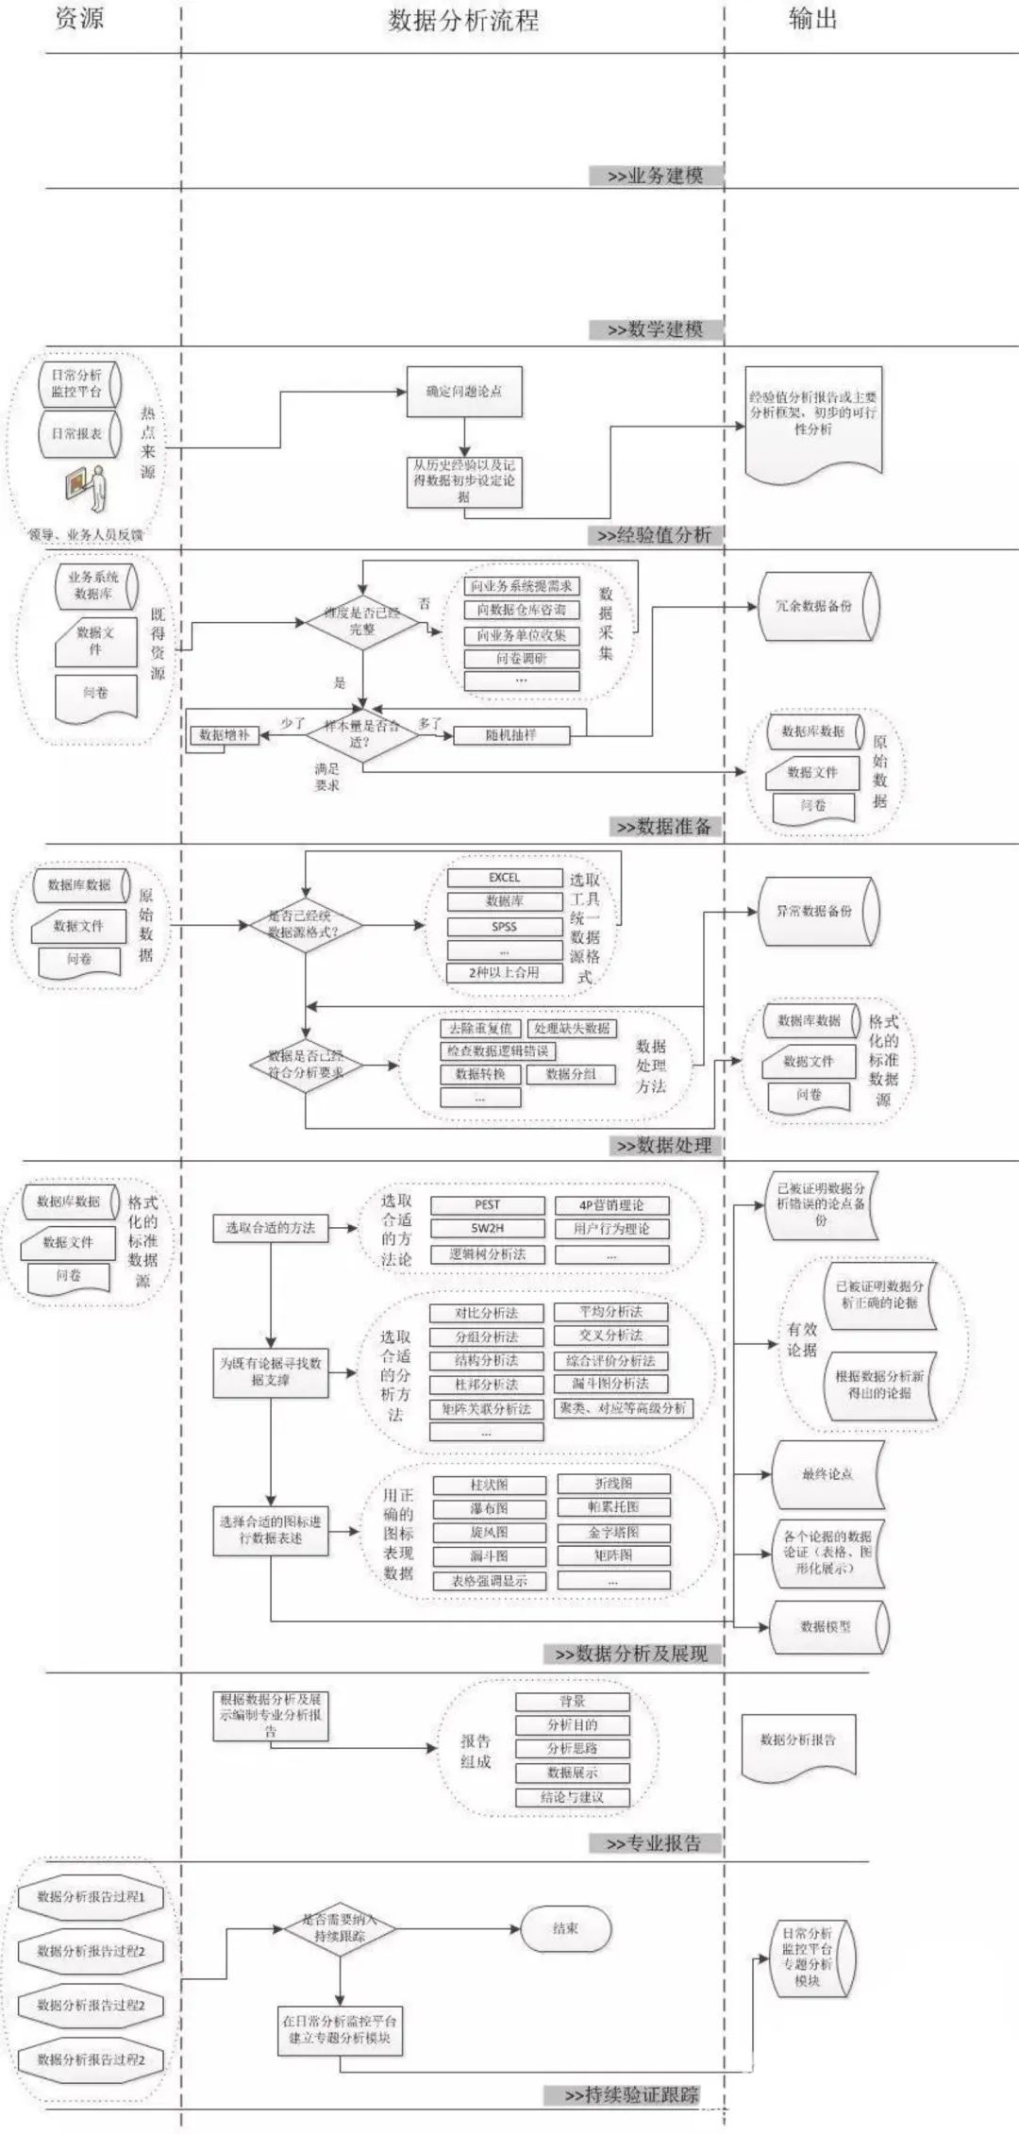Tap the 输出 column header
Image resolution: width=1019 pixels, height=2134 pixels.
812,18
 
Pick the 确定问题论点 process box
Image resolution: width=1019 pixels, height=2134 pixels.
463,391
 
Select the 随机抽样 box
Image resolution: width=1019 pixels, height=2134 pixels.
511,734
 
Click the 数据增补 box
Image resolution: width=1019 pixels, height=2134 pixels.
225,734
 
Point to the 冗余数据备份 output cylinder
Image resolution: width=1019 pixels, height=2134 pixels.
817,606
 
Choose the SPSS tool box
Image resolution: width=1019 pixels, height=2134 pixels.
504,926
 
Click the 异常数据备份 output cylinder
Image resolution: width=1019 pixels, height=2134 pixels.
817,911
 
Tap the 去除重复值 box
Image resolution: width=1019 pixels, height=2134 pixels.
480,1028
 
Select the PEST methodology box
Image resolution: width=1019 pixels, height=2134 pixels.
487,1204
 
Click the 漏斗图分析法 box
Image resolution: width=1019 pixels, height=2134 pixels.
610,1383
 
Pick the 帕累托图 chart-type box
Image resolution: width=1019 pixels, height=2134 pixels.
613,1506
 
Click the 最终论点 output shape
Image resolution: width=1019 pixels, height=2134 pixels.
827,1474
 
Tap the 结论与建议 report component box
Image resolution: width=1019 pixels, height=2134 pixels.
572,1796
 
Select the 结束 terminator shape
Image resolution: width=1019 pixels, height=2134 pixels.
565,1928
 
